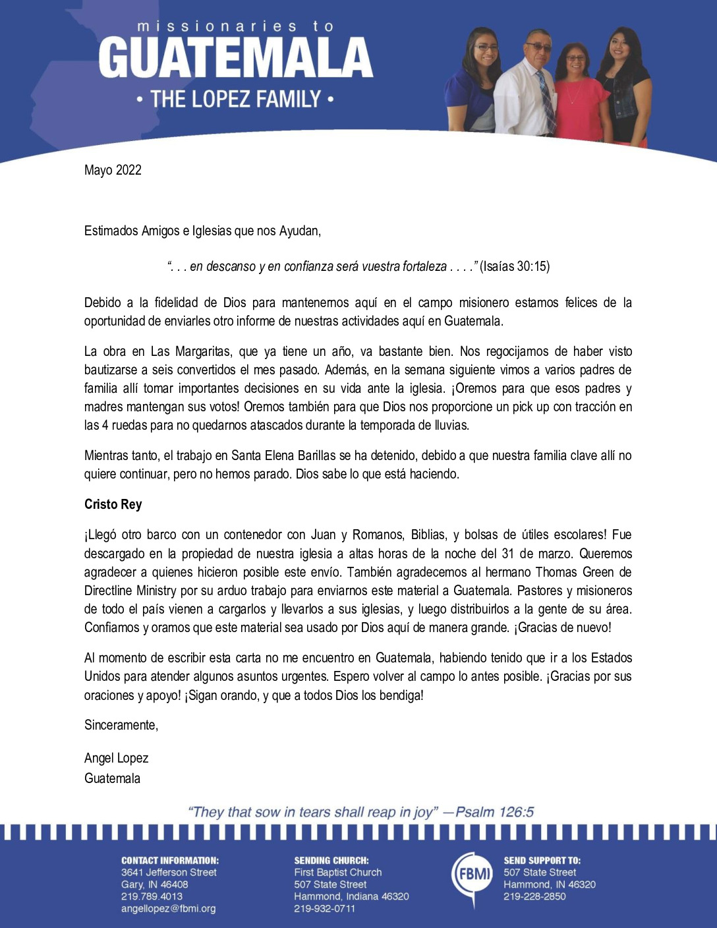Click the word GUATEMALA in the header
point(235,58)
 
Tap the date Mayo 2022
point(113,170)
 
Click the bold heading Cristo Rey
point(113,504)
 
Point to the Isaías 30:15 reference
point(514,266)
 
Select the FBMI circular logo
point(471,875)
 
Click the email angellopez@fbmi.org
point(168,908)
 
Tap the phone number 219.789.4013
point(152,896)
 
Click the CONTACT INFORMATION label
point(169,860)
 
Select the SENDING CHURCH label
point(331,860)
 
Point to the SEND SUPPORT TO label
point(542,860)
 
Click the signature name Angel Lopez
point(116,758)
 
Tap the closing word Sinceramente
point(121,725)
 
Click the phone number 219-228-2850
point(534,896)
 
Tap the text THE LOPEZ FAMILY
point(235,100)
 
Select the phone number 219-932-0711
point(324,908)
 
